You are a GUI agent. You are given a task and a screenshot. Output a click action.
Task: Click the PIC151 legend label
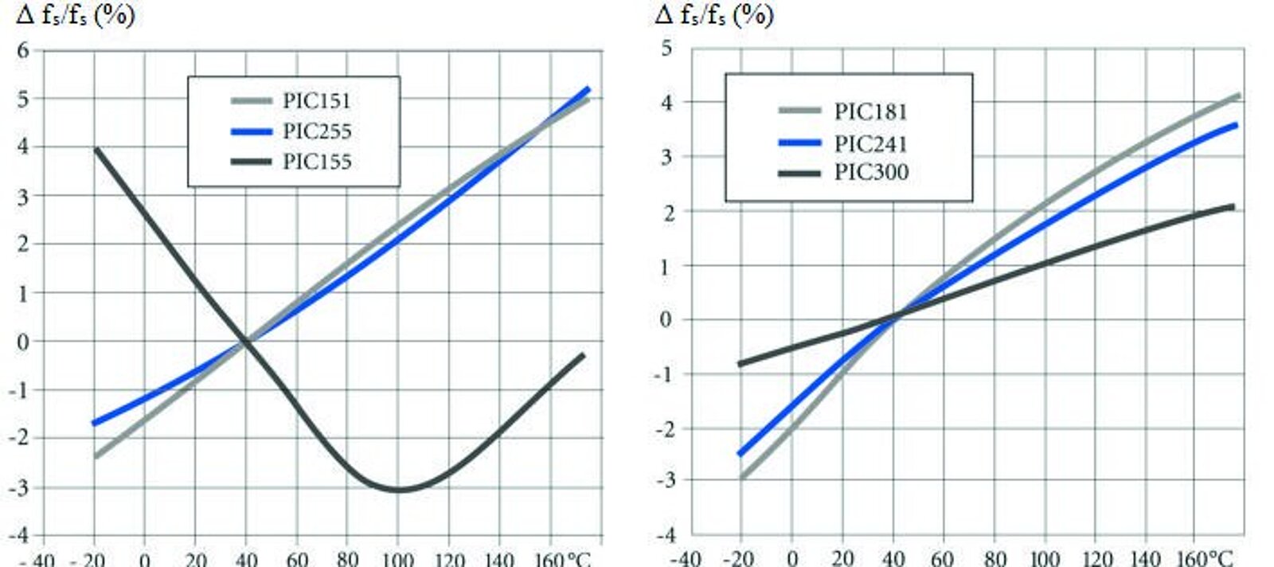[316, 101]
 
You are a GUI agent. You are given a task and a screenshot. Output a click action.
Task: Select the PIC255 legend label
[316, 131]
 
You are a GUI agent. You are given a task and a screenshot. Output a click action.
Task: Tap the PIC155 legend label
[316, 162]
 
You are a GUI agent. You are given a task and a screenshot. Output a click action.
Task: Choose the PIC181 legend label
[870, 111]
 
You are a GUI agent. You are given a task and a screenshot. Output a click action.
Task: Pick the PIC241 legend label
[870, 144]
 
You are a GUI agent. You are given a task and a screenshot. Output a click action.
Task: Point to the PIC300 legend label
[870, 173]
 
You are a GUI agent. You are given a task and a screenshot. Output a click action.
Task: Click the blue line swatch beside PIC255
[251, 131]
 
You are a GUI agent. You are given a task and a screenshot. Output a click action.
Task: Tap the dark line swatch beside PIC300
[799, 173]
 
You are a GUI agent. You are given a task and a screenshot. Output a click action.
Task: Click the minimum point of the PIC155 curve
[398, 490]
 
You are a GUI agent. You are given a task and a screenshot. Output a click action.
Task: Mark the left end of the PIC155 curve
[96, 149]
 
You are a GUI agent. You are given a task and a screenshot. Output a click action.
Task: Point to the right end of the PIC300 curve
[1233, 207]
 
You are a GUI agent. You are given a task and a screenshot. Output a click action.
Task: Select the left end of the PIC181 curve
[741, 477]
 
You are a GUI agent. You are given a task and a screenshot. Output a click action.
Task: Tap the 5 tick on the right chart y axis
[666, 49]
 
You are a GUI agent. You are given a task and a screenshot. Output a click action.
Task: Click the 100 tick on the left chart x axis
[397, 559]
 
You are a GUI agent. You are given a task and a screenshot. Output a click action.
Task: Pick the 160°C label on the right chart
[1204, 558]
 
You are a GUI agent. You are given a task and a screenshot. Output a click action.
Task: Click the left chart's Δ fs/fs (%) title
[76, 15]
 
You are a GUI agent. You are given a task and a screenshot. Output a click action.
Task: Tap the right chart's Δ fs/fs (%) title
[713, 15]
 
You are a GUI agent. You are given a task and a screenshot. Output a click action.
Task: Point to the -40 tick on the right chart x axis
[686, 558]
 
